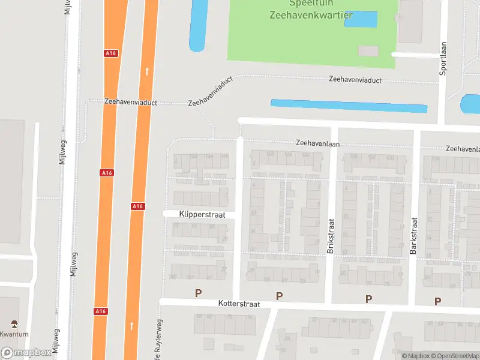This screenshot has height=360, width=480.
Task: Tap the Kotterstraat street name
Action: pos(240,304)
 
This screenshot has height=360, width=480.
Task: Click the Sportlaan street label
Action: pos(444,58)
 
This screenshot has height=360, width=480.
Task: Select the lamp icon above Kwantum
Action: pos(14,323)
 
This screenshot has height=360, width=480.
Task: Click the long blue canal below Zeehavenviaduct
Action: pos(349,106)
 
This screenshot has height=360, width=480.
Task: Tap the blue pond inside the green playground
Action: pos(361,19)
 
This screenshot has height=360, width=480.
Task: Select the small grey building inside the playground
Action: pos(368,51)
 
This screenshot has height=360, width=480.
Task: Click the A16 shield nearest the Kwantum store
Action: pos(100,311)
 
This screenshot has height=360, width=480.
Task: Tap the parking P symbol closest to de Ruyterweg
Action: pos(198,293)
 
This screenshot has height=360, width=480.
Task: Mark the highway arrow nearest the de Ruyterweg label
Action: pos(132,326)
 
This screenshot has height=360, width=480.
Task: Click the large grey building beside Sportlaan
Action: pos(410,21)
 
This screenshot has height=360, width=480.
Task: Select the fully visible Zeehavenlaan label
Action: pos(317,143)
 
